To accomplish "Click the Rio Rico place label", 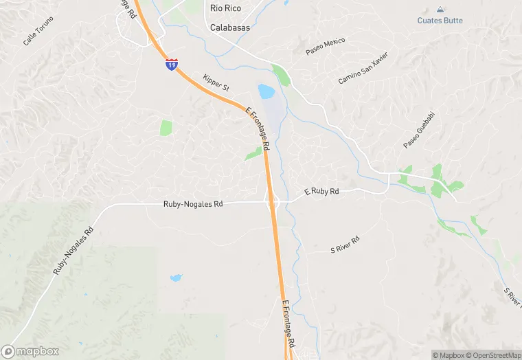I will (x=225, y=8).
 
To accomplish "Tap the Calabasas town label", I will (x=229, y=28).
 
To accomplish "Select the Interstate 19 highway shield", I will (x=172, y=65).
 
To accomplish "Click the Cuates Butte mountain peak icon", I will (x=440, y=10).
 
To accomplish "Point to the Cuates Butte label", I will (x=440, y=21).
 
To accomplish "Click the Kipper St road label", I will (x=216, y=84).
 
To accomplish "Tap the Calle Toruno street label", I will (x=38, y=36).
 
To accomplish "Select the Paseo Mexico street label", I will (x=326, y=46).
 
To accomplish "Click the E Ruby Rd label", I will (x=321, y=192).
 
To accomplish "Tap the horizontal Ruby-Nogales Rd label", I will (x=193, y=204).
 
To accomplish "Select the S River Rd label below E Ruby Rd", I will (x=345, y=246).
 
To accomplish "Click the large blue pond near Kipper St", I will (x=266, y=91).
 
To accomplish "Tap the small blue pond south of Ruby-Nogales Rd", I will (x=177, y=278).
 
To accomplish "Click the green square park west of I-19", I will (x=166, y=128).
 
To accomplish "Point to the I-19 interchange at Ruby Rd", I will (x=273, y=201).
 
